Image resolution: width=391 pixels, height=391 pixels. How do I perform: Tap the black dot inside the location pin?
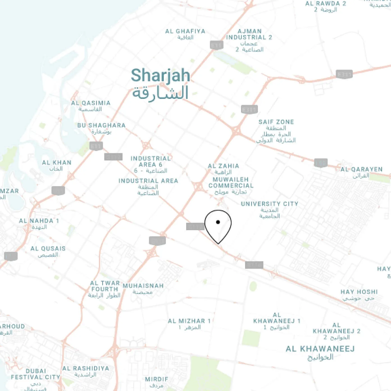pyautogui.click(x=218, y=222)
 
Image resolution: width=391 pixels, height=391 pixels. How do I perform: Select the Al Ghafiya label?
pyautogui.click(x=185, y=31)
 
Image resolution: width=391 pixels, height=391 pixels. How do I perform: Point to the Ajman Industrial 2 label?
pyautogui.click(x=249, y=35)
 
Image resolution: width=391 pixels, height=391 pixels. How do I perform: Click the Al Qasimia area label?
pyautogui.click(x=91, y=103)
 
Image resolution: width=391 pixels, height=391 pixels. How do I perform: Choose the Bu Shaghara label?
pyautogui.click(x=101, y=126)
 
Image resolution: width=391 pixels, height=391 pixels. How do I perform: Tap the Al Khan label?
pyautogui.click(x=57, y=163)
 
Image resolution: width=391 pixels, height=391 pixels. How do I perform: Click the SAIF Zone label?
pyautogui.click(x=276, y=122)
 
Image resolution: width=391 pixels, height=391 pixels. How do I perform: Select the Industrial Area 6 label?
pyautogui.click(x=151, y=162)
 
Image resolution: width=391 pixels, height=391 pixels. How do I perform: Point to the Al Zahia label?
pyautogui.click(x=223, y=166)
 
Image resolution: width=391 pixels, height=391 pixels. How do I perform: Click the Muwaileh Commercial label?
pyautogui.click(x=231, y=183)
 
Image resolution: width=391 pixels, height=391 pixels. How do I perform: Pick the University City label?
pyautogui.click(x=269, y=204)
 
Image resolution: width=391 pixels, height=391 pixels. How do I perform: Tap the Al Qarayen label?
pyautogui.click(x=362, y=169)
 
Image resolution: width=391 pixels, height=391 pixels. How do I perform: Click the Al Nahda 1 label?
pyautogui.click(x=39, y=221)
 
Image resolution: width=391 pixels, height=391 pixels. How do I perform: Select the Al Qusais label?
pyautogui.click(x=48, y=249)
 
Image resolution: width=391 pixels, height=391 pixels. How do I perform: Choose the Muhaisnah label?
pyautogui.click(x=143, y=286)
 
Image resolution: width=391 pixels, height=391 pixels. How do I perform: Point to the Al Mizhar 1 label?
pyautogui.click(x=189, y=321)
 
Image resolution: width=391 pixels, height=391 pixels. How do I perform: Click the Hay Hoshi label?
pyautogui.click(x=359, y=292)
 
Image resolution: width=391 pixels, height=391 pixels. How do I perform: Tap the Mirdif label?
pyautogui.click(x=156, y=379)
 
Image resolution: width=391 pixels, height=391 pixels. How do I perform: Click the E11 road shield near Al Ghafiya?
pyautogui.click(x=216, y=45)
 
